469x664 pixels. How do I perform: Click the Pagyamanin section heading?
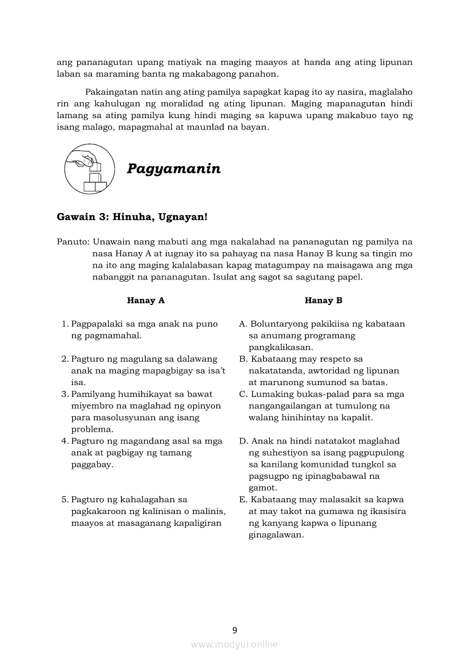coord(174,169)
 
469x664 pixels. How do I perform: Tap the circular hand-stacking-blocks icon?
coord(91,168)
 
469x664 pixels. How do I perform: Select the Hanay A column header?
coord(146,300)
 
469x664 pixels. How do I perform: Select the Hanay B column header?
coord(324,300)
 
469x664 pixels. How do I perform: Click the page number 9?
coord(235,629)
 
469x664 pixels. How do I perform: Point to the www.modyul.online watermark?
coord(235,644)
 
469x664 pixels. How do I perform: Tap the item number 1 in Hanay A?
coord(65,324)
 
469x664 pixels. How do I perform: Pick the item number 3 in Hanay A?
coord(65,394)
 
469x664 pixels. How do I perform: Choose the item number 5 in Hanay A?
coord(65,500)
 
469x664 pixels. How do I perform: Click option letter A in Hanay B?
coord(242,324)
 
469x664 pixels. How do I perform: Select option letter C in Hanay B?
coord(242,394)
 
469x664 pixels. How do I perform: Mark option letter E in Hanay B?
coord(242,500)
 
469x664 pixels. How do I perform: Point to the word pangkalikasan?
coord(280,348)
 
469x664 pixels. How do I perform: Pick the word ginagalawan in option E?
coord(276,535)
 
